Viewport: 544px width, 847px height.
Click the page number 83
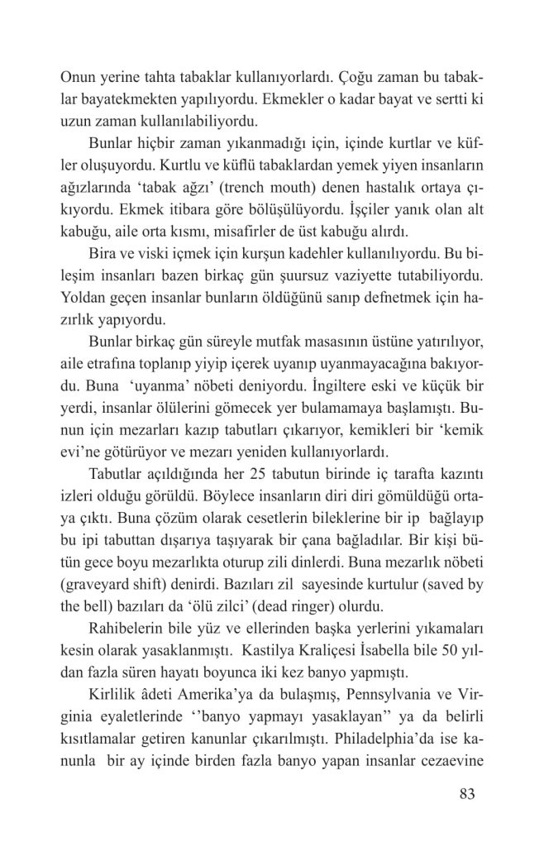(x=466, y=796)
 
